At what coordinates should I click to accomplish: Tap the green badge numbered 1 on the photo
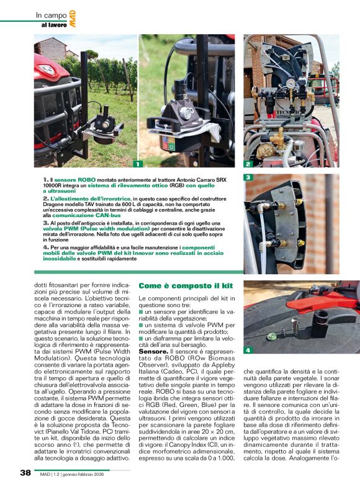138,164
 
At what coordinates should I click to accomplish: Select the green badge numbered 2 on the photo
248,164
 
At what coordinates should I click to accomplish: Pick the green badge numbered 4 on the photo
248,350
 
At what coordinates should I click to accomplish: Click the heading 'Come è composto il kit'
186,286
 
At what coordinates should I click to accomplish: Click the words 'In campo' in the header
50,14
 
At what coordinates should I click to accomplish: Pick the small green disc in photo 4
271,337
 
